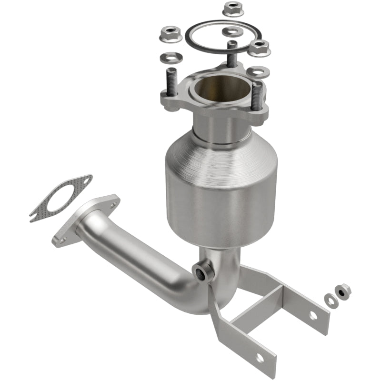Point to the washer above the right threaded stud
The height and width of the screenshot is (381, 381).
pyautogui.click(x=258, y=72)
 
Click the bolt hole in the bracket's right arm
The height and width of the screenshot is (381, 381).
pyautogui.click(x=313, y=315)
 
